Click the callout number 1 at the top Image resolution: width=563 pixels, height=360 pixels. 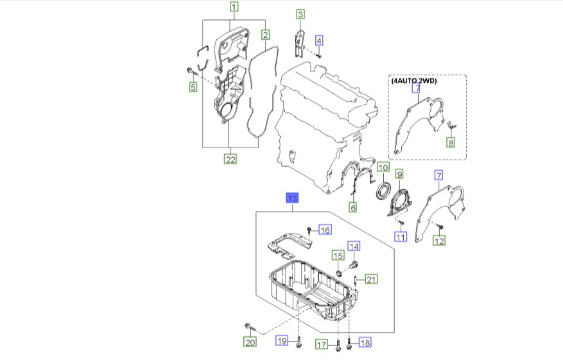point(234,8)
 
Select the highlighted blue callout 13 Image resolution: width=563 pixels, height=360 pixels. point(292,198)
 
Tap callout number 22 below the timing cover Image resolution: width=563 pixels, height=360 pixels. point(230,159)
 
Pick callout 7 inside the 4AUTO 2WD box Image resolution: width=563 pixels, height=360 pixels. point(416,89)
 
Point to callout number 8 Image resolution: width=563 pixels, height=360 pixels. point(450,143)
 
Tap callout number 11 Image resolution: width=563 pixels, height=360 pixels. point(401,237)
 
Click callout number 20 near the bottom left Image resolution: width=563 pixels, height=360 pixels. point(250,343)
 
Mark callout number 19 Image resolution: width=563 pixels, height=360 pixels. point(282,341)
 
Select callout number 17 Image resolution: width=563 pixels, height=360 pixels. point(322,345)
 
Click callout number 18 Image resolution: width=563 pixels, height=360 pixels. point(365,343)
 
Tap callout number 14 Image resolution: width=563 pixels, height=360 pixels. point(354,246)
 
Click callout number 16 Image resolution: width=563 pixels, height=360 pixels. point(325,230)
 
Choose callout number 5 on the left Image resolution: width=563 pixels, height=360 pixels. point(192,87)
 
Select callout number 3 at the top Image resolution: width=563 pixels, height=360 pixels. point(300,14)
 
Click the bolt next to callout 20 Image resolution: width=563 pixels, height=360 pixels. point(248,327)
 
